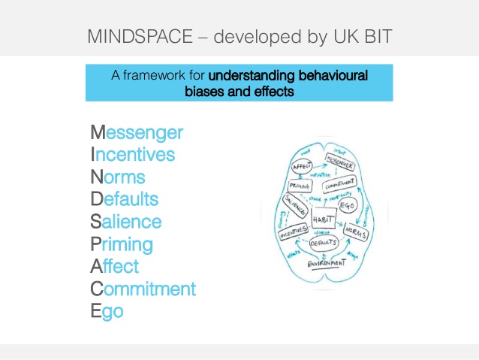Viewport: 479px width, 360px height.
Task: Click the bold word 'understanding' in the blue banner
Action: (249, 76)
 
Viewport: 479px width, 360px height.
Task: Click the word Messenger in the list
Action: (137, 133)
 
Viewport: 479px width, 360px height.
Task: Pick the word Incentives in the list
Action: (132, 156)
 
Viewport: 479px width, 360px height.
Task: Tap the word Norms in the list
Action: (118, 178)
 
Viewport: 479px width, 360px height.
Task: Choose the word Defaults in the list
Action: (125, 200)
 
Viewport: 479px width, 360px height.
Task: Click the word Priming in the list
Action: (122, 244)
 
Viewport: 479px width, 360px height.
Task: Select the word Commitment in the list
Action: (143, 289)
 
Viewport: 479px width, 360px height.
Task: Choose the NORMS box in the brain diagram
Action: (357, 232)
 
